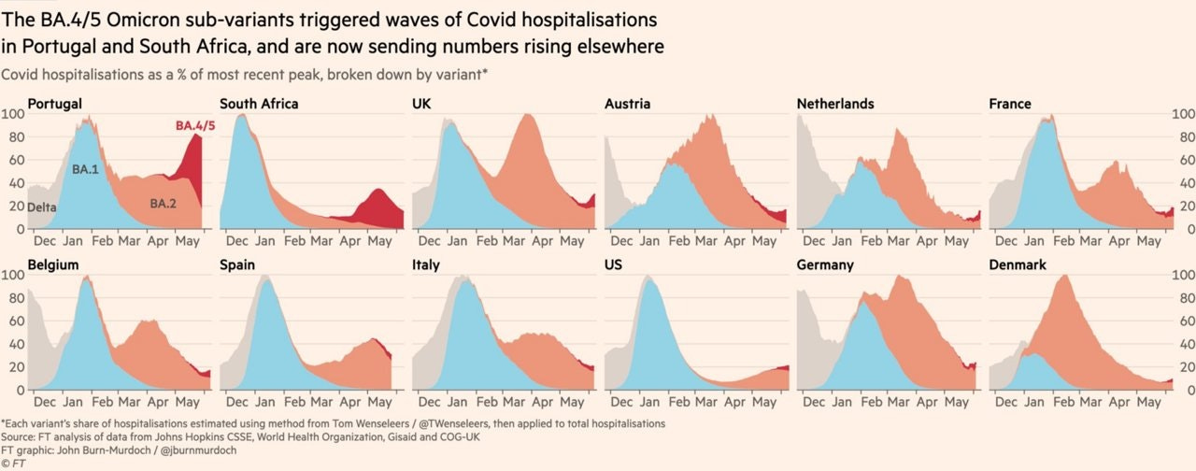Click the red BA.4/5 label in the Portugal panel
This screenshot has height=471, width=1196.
click(x=195, y=126)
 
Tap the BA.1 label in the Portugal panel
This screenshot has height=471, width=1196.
click(x=85, y=170)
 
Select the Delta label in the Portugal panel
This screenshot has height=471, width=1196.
click(x=42, y=207)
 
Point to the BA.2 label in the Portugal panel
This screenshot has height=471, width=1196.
click(x=163, y=204)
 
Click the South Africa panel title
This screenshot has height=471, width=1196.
click(x=259, y=104)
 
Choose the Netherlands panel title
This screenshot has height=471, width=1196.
click(x=835, y=104)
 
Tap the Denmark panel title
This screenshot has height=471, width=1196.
click(x=1018, y=264)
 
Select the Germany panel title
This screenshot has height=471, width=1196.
click(x=825, y=264)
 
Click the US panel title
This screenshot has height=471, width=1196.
click(x=613, y=264)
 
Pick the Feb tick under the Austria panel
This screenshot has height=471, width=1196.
click(x=678, y=241)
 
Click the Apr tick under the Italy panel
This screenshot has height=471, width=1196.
click(x=543, y=402)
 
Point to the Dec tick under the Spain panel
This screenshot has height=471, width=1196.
click(x=236, y=402)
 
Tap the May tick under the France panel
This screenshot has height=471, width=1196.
click(x=1148, y=241)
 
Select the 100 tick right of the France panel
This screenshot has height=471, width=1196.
click(x=1183, y=114)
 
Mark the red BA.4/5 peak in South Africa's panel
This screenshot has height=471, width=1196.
click(x=378, y=189)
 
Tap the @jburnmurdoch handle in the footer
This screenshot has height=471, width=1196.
click(x=198, y=450)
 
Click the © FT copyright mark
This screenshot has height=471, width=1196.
click(x=13, y=464)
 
